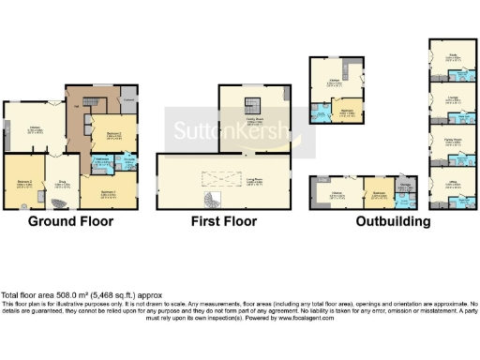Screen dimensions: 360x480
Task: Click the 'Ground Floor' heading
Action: [70, 222]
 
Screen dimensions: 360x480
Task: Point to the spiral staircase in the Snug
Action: [62, 204]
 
